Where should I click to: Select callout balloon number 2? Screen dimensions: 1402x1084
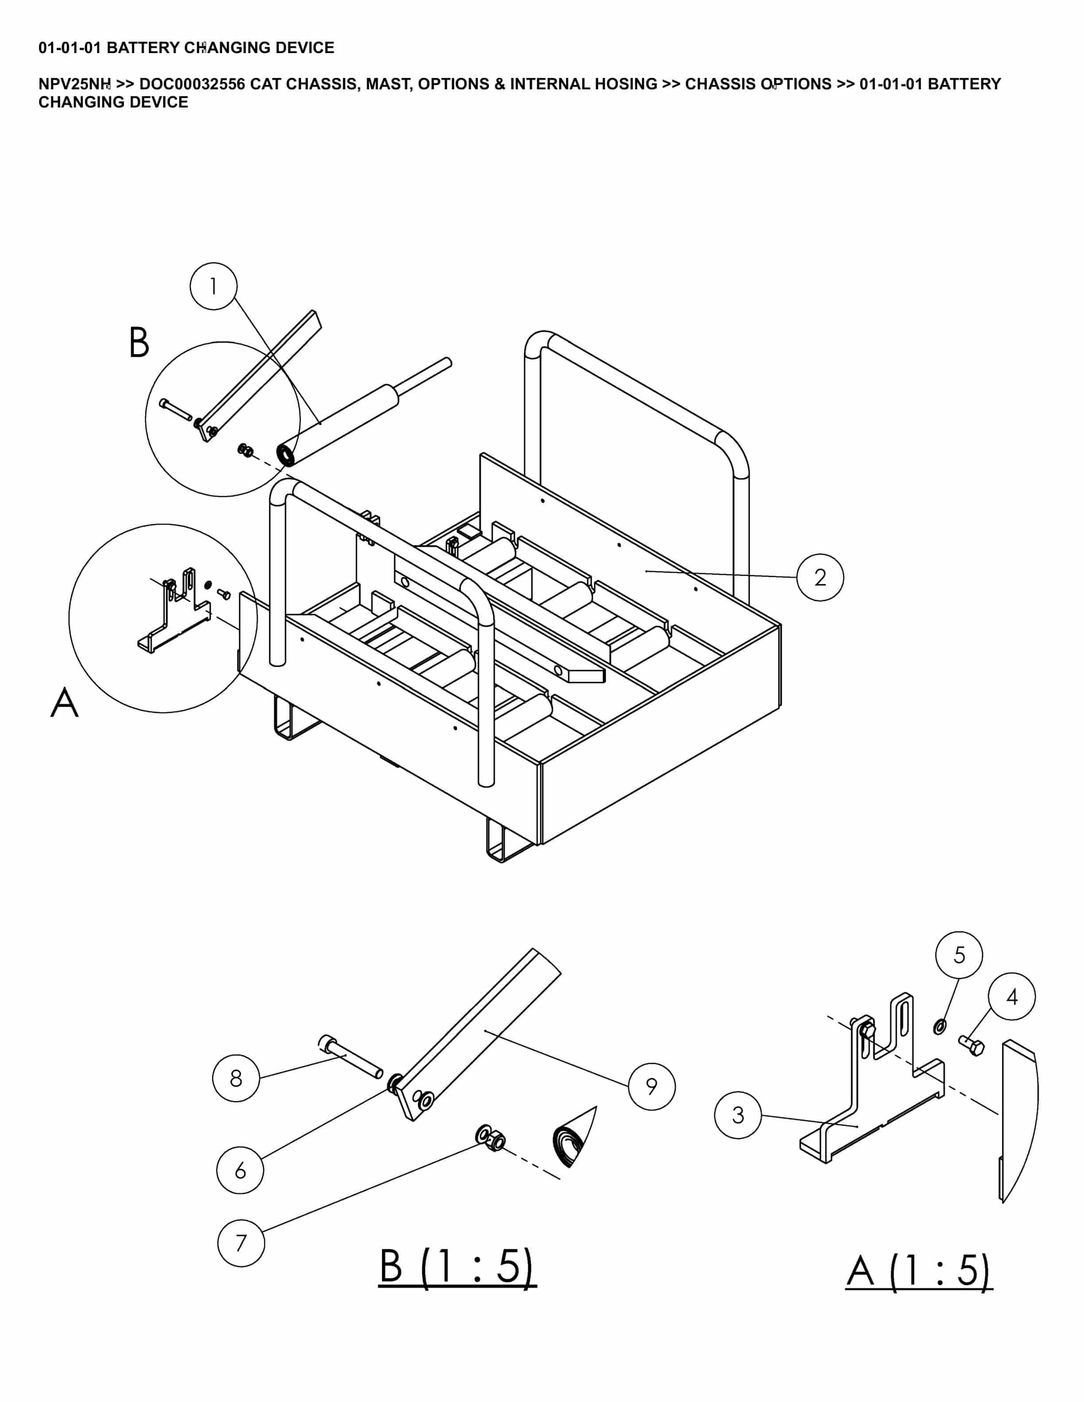point(820,578)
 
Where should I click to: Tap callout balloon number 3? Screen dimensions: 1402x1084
point(738,1115)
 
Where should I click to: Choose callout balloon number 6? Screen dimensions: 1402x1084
point(240,1170)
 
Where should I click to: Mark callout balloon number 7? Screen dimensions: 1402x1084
point(241,1243)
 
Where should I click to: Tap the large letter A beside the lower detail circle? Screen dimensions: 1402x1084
point(64,702)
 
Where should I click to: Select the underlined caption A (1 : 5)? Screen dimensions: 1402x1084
point(919,1271)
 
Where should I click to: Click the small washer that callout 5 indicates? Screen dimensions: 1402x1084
point(939,1026)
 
